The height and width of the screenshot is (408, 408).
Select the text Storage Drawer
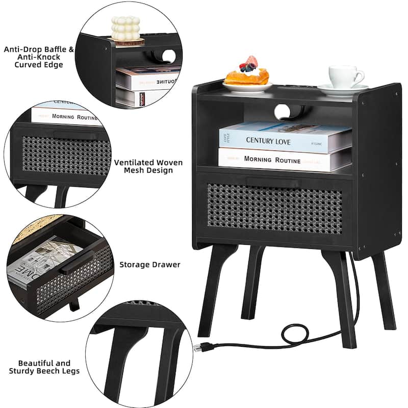pos(150,265)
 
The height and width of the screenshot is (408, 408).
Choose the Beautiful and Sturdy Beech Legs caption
pos(44,367)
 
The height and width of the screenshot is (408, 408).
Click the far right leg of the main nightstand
pos(383,291)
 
